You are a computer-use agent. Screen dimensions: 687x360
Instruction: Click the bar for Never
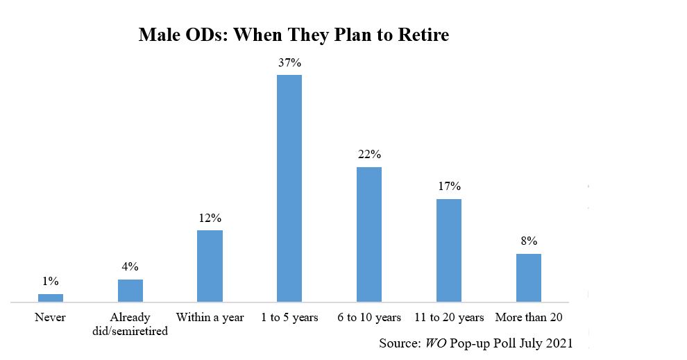click(x=51, y=298)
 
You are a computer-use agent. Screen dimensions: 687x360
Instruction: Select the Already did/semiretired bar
click(x=130, y=291)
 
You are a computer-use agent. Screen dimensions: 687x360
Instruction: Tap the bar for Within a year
click(x=210, y=266)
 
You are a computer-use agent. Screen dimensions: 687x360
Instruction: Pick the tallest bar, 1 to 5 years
click(x=289, y=189)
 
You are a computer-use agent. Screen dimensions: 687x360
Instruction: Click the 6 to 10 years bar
click(x=369, y=234)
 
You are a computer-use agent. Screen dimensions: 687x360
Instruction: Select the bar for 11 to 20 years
click(x=449, y=250)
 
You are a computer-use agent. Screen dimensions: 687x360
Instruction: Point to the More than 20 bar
click(x=528, y=278)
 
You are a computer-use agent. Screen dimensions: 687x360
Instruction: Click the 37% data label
click(x=289, y=63)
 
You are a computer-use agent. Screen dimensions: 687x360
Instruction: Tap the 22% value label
click(x=369, y=155)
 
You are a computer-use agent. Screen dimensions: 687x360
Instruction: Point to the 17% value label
click(x=449, y=187)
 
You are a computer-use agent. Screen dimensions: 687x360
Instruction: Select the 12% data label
click(x=210, y=218)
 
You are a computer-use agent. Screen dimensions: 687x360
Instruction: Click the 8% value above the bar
click(x=529, y=241)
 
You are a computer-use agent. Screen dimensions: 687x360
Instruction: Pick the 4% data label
click(x=130, y=267)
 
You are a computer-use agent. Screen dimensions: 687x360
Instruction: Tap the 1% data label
click(x=51, y=281)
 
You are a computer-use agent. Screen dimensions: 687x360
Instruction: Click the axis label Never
click(x=51, y=317)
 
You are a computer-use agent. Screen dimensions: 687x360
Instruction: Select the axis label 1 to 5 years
click(x=289, y=318)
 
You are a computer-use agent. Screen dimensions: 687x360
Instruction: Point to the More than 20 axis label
click(x=529, y=317)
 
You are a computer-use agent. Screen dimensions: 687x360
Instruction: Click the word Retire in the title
click(x=423, y=35)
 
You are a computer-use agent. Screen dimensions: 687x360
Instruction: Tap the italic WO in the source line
click(x=436, y=343)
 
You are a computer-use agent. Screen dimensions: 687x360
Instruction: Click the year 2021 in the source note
click(x=559, y=343)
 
